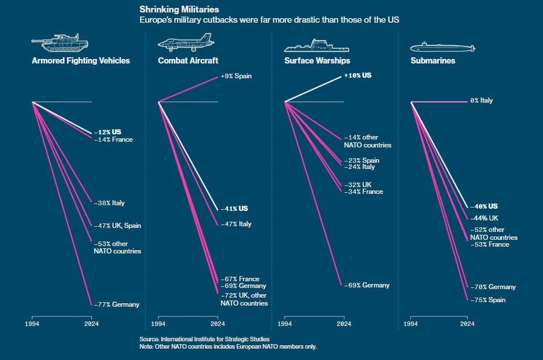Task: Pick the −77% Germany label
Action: pos(116,304)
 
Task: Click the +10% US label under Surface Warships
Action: pos(357,75)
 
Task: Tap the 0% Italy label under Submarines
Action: pos(481,100)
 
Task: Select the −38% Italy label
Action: pos(109,203)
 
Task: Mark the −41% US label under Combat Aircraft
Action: pos(234,209)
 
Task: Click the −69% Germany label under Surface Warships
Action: pos(367,285)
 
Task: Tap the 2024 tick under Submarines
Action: pos(467,324)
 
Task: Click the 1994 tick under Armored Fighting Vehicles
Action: pos(32,324)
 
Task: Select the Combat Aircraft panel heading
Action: pos(188,61)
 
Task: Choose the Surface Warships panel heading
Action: pos(317,61)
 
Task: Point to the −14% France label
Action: pos(113,139)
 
